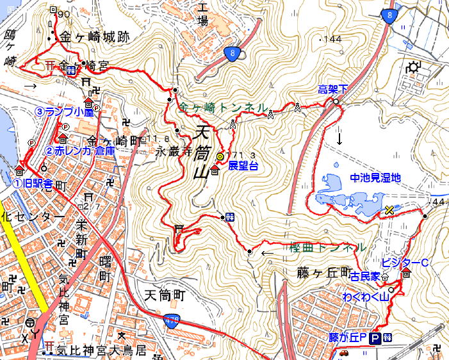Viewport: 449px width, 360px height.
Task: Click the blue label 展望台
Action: coord(241,166)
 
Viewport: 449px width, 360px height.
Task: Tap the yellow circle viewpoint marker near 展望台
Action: coord(220,156)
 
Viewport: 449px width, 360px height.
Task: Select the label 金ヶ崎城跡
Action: coord(95,38)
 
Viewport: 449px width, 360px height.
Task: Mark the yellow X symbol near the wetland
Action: coord(389,210)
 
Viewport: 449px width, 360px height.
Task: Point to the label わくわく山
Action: coord(365,297)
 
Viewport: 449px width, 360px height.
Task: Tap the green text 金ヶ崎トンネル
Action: coord(223,109)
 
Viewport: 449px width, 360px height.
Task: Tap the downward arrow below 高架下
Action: coord(339,136)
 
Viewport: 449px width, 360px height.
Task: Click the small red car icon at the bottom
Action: coord(343,352)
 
